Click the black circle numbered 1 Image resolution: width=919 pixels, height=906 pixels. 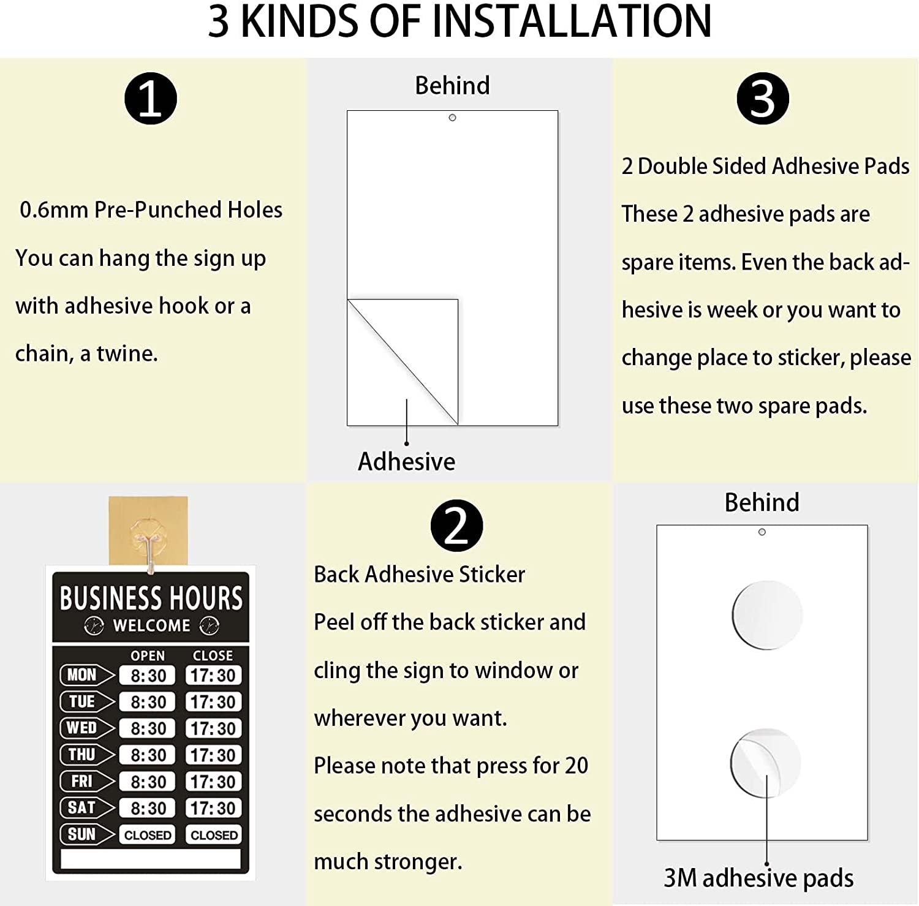click(150, 99)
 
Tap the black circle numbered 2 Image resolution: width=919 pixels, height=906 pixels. click(456, 526)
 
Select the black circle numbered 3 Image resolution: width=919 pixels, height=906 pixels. click(763, 99)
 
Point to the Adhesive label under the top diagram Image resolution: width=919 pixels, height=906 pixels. click(406, 461)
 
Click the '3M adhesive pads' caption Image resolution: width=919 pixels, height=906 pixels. click(758, 878)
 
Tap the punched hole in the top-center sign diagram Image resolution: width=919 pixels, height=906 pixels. click(452, 118)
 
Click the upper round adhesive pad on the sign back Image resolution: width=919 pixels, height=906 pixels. click(767, 615)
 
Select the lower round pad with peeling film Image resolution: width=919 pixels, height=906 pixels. click(766, 763)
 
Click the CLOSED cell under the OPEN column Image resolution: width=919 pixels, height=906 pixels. click(148, 835)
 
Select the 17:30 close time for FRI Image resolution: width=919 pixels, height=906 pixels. click(213, 782)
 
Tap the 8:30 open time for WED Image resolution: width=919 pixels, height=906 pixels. click(148, 728)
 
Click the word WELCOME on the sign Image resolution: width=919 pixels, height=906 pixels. click(151, 625)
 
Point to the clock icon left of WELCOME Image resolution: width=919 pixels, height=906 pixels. click(94, 625)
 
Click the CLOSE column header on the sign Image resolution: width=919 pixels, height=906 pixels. click(213, 655)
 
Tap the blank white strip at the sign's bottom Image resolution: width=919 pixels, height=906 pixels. click(151, 859)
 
